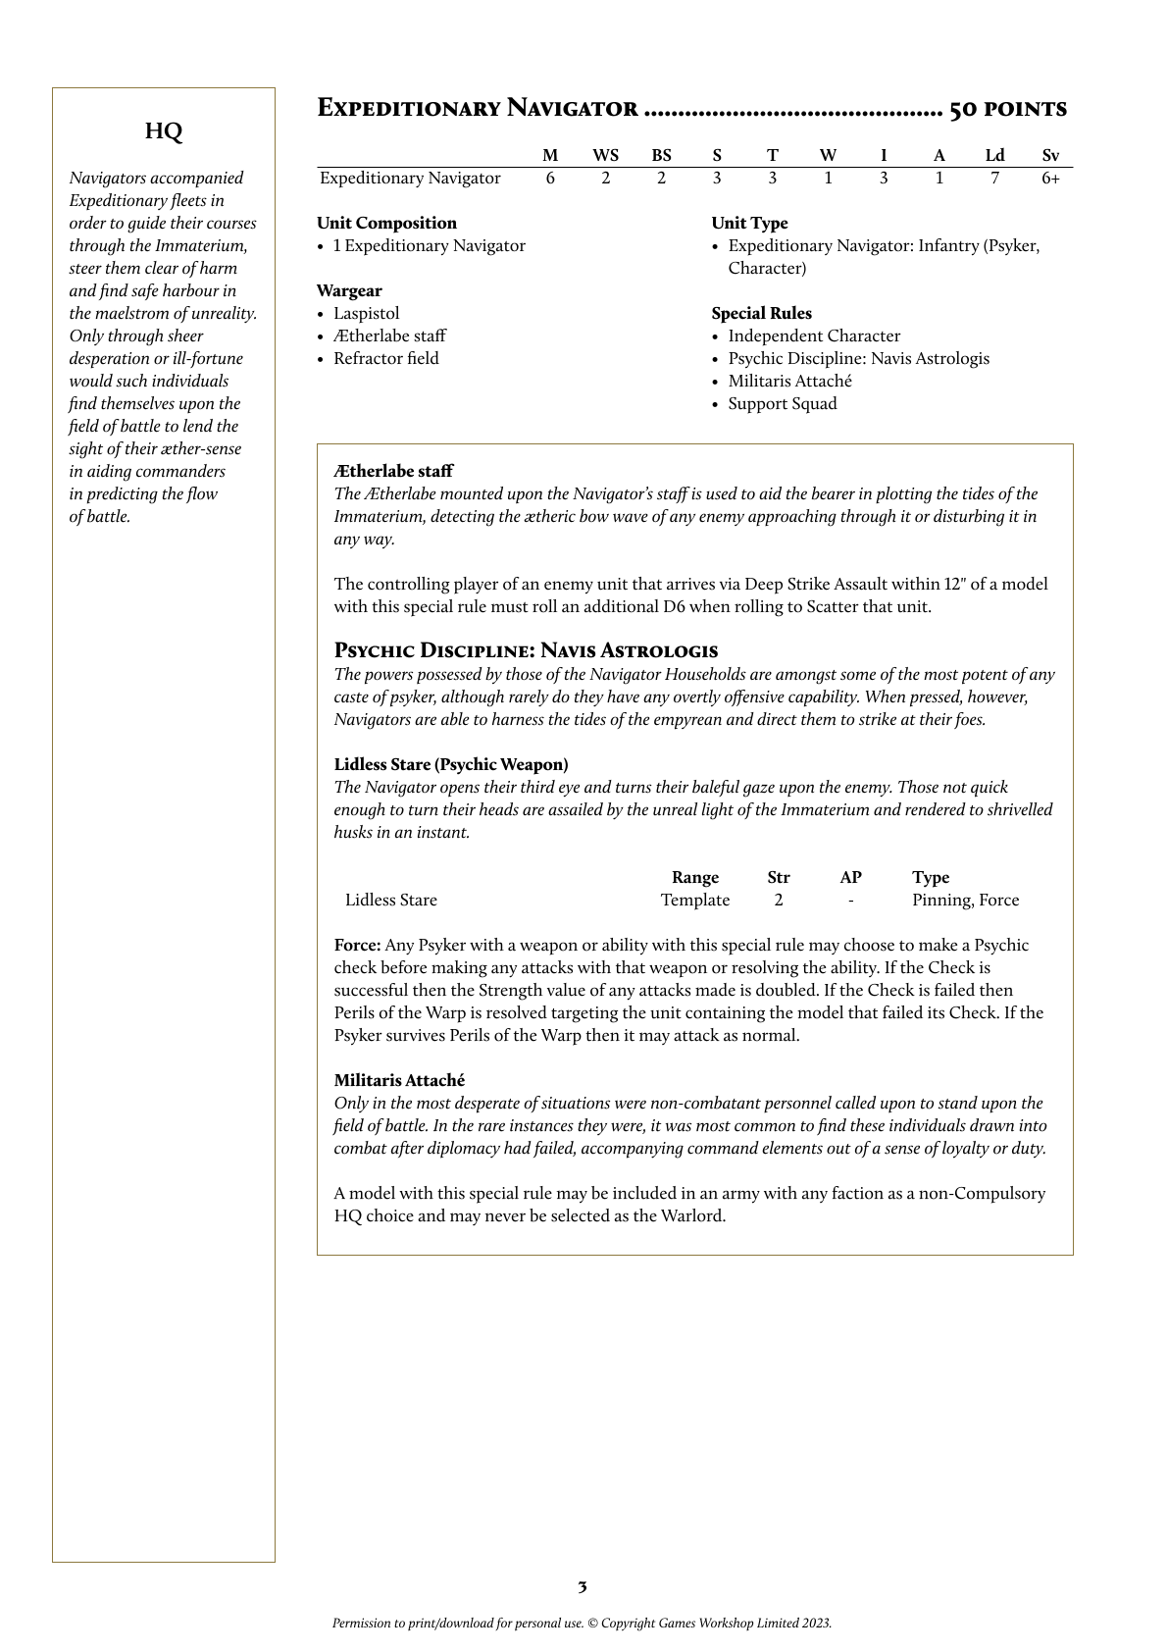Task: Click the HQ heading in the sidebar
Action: click(x=164, y=131)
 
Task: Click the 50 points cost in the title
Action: click(x=1008, y=109)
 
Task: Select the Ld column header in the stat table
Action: click(x=994, y=156)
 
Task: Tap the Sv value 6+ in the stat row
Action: click(x=1050, y=179)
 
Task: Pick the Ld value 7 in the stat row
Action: click(x=994, y=179)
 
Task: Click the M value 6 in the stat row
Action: click(x=550, y=179)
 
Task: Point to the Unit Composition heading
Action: click(x=386, y=224)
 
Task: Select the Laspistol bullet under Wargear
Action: click(x=366, y=314)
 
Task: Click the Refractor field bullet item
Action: click(x=385, y=359)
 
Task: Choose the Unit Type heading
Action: click(x=749, y=224)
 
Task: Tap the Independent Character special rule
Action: click(x=814, y=336)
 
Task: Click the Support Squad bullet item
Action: click(x=783, y=404)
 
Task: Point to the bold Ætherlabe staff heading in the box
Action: click(x=393, y=472)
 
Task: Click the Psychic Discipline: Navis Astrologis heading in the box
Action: click(x=526, y=650)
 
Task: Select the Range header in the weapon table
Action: click(x=694, y=878)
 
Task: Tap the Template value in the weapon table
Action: click(x=694, y=901)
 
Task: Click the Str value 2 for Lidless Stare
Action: click(x=779, y=901)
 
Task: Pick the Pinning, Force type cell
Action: click(x=965, y=901)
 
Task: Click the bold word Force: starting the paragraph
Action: click(x=357, y=946)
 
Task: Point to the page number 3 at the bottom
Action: click(x=583, y=1587)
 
